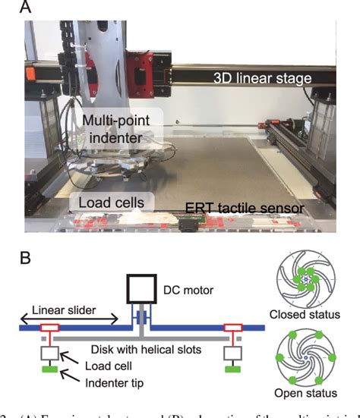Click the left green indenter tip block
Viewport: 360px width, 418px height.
(x=51, y=372)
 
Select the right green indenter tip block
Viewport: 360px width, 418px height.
(x=233, y=372)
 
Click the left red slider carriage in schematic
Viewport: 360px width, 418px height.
(x=50, y=328)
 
